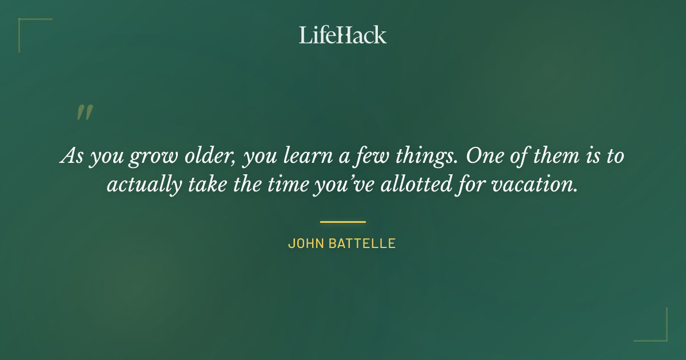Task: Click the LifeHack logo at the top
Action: point(342,35)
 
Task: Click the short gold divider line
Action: point(342,222)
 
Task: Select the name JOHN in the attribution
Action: point(306,243)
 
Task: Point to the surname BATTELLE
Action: point(362,243)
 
